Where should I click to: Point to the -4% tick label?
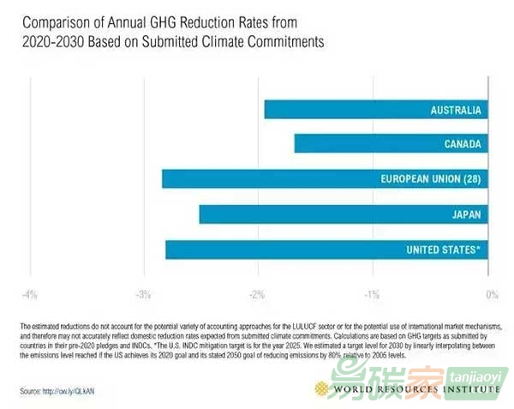tap(30, 295)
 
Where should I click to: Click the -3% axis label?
tap(143, 295)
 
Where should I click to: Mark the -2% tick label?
tap(257, 295)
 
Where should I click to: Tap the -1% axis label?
tap(372, 295)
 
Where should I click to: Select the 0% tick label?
tap(491, 295)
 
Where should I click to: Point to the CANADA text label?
tap(462, 144)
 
